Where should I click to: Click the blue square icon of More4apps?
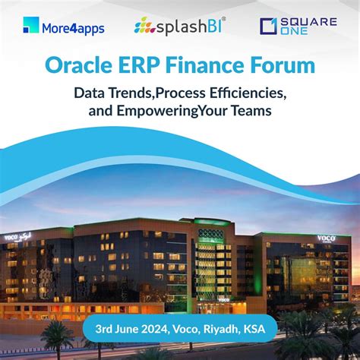pyautogui.click(x=30, y=25)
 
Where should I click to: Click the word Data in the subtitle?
pyautogui.click(x=90, y=93)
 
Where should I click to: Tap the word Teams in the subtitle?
pyautogui.click(x=261, y=111)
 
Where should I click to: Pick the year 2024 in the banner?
pyautogui.click(x=168, y=330)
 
